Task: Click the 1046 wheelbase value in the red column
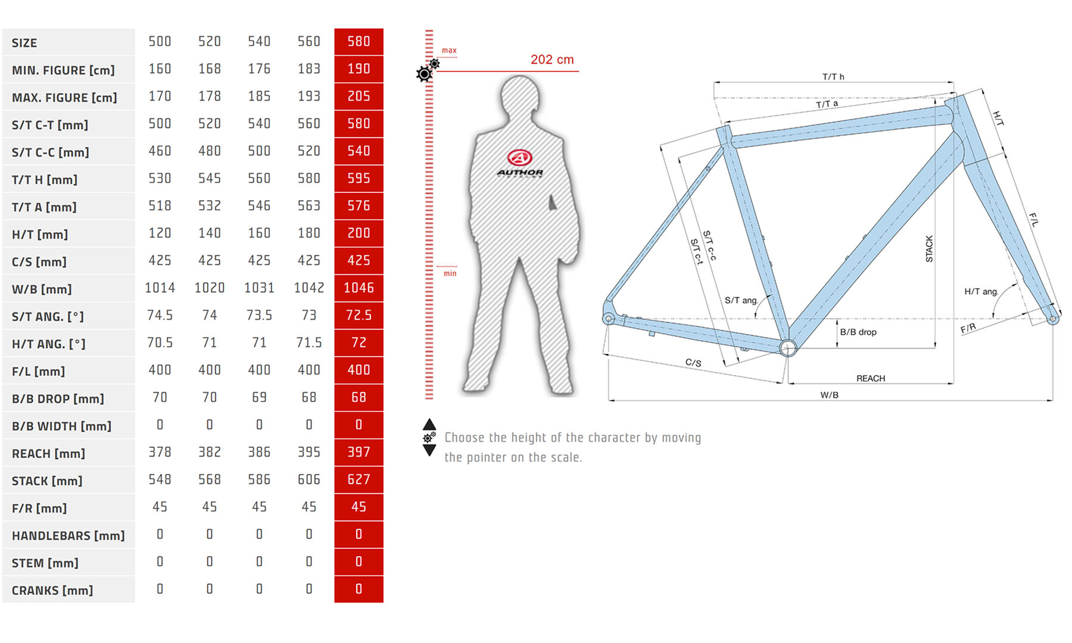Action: pyautogui.click(x=359, y=288)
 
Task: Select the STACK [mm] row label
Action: pyautogui.click(x=47, y=481)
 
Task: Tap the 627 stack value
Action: pyautogui.click(x=359, y=480)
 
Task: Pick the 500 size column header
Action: pyautogui.click(x=160, y=42)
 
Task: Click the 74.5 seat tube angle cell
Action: pyautogui.click(x=160, y=316)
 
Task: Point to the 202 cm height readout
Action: pyautogui.click(x=552, y=60)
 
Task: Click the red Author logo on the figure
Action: pyautogui.click(x=519, y=158)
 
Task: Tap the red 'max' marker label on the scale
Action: pyautogui.click(x=449, y=51)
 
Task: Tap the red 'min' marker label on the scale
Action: pyautogui.click(x=450, y=273)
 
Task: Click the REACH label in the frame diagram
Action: pyautogui.click(x=871, y=379)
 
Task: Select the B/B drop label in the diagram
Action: pyautogui.click(x=858, y=332)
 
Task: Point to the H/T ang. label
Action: pyautogui.click(x=981, y=291)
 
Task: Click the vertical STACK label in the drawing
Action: pyautogui.click(x=929, y=249)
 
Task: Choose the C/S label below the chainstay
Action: pyautogui.click(x=693, y=363)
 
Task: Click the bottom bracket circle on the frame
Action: pyautogui.click(x=788, y=348)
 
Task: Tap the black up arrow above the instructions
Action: pyautogui.click(x=429, y=424)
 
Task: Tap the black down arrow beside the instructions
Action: pyautogui.click(x=429, y=450)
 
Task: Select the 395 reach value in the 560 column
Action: pyautogui.click(x=309, y=452)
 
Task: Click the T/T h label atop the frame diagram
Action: pyautogui.click(x=833, y=77)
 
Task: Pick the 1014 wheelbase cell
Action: pyautogui.click(x=160, y=288)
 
